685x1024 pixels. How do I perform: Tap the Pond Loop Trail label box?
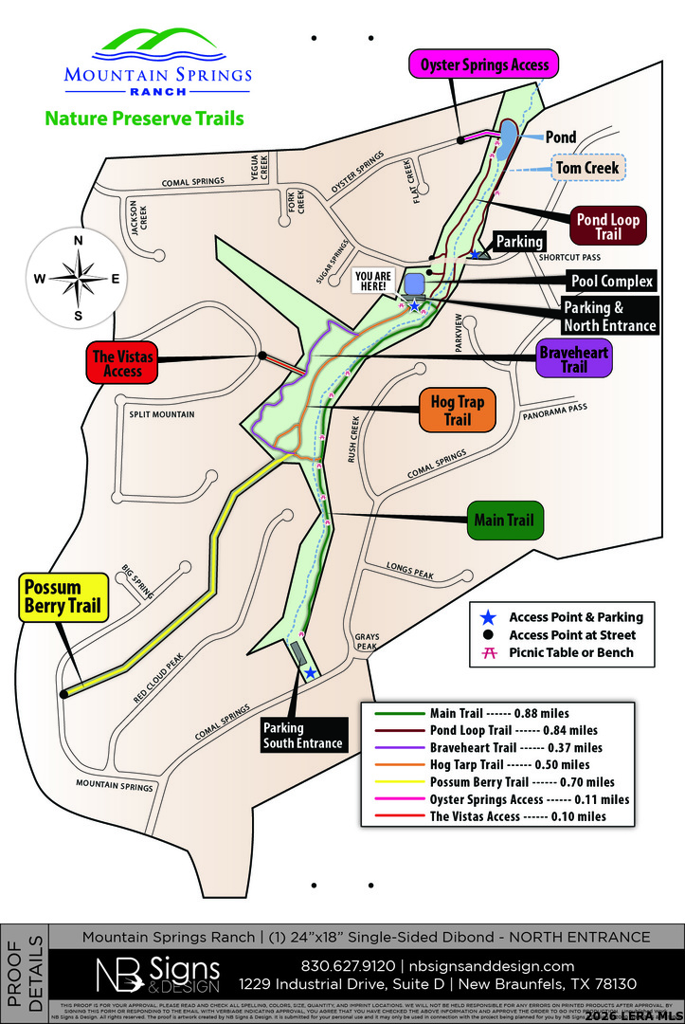click(607, 227)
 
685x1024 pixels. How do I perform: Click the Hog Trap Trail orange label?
click(457, 410)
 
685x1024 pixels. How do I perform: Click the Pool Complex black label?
click(612, 282)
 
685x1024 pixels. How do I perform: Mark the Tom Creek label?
click(587, 168)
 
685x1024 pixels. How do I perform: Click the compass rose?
click(78, 278)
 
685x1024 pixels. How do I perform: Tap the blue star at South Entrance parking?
click(310, 672)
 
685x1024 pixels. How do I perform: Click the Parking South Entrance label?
click(302, 736)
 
